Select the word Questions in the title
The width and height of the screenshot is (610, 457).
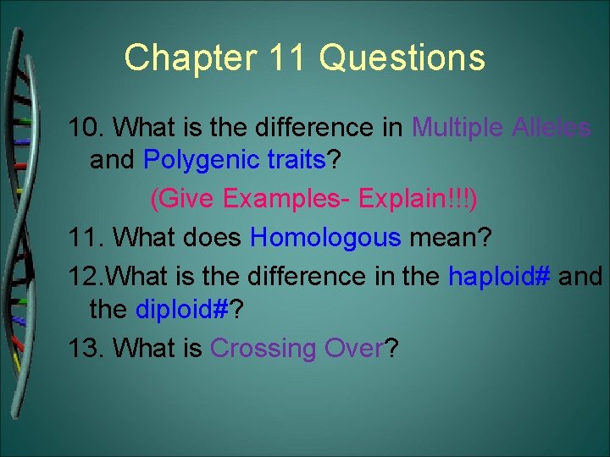tap(403, 58)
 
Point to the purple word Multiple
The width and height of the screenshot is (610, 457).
tap(457, 128)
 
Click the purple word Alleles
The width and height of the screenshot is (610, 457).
tap(552, 128)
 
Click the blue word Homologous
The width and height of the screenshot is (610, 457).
tap(326, 238)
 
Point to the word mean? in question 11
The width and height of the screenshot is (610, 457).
tap(450, 238)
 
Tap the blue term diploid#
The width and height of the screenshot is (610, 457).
tap(183, 310)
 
